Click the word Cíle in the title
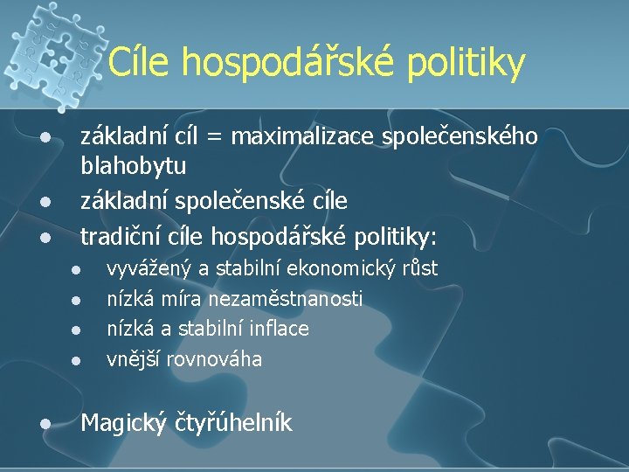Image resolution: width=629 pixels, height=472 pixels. (139, 62)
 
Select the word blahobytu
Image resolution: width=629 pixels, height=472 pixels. (133, 165)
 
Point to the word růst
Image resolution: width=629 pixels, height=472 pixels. (418, 268)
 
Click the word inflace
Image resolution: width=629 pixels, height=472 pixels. (280, 329)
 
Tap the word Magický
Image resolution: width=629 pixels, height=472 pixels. (119, 424)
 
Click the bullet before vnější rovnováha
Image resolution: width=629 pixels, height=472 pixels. (76, 359)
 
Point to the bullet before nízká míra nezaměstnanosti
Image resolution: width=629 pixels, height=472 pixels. (76, 300)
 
